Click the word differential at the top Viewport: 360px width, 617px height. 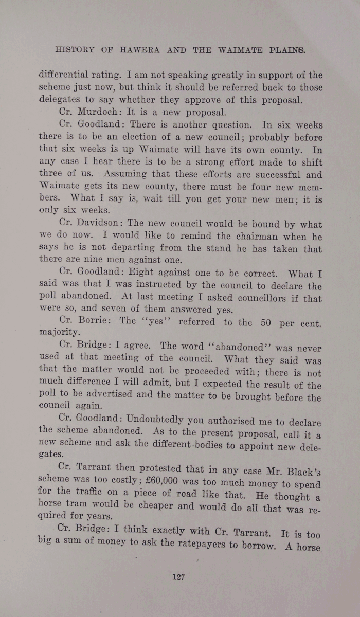[63, 74]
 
